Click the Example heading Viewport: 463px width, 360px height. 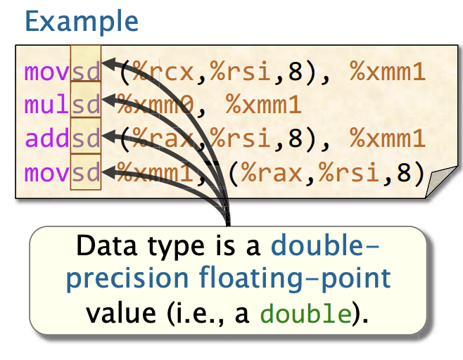(x=82, y=21)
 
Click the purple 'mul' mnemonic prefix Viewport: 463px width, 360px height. (x=46, y=105)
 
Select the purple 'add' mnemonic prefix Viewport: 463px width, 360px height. (x=47, y=138)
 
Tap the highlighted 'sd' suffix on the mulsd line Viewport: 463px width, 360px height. (x=86, y=105)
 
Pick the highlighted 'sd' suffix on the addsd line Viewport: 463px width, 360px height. (x=86, y=138)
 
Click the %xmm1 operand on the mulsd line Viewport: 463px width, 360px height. (x=263, y=105)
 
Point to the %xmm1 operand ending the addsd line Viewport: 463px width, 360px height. (x=388, y=138)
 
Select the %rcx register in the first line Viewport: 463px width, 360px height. (x=163, y=71)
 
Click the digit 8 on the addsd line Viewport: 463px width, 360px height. (x=296, y=138)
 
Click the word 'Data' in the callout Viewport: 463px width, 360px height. (x=107, y=246)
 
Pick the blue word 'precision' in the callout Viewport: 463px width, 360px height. (x=127, y=279)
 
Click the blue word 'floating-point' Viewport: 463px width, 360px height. (x=295, y=279)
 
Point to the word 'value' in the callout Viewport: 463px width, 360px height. (x=121, y=314)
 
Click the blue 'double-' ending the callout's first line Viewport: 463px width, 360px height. (x=325, y=245)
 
